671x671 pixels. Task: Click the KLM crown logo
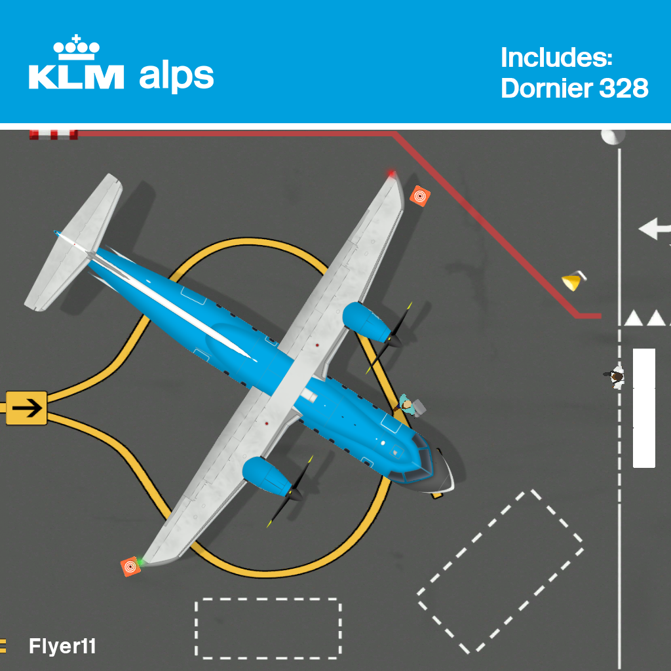77,47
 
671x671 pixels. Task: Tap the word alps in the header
176,77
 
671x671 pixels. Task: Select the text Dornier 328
575,88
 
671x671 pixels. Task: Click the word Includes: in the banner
556,58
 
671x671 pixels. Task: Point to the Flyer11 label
62,647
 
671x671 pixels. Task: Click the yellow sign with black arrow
26,408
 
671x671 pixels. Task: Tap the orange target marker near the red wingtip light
420,195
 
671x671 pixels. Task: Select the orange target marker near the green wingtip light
131,566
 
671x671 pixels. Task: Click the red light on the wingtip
392,174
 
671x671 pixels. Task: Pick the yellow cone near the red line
573,282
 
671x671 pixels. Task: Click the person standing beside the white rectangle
615,377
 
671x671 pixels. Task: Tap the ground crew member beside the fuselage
410,406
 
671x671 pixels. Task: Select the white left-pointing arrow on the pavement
654,229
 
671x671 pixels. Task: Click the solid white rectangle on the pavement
643,408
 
